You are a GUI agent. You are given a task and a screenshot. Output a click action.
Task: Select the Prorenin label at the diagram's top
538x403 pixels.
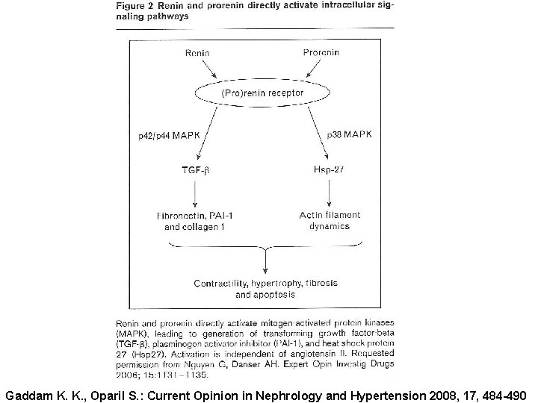322,52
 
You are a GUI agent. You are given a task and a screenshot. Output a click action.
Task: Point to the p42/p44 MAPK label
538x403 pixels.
169,136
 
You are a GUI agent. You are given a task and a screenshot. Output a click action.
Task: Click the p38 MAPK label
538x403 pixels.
349,134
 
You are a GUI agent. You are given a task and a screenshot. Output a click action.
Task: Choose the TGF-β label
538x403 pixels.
195,170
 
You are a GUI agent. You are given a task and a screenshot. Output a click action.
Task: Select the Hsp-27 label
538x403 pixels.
330,170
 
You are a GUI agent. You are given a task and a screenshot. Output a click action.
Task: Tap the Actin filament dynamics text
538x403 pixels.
330,220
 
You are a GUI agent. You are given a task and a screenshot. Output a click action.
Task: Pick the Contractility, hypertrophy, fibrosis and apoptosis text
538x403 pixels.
265,289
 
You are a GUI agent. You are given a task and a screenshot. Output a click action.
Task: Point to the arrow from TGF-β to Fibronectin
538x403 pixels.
196,194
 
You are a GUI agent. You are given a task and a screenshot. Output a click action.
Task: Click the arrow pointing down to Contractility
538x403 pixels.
266,261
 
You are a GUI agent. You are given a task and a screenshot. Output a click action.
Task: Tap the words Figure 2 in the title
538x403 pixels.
137,5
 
